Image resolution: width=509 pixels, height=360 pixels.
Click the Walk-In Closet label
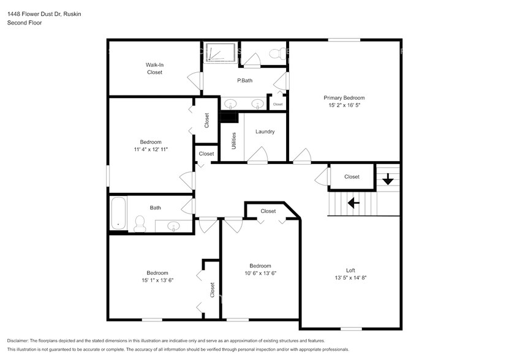coord(154,68)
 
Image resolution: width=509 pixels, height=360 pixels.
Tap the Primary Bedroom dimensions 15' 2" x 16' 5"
coord(344,105)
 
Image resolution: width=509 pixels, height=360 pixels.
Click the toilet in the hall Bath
coord(140,224)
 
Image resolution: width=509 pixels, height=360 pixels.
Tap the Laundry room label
coord(265,132)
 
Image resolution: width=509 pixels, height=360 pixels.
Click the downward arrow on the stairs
coord(387,179)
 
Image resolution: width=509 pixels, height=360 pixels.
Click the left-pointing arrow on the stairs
coord(353,202)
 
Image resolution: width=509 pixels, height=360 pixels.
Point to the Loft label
coord(350,270)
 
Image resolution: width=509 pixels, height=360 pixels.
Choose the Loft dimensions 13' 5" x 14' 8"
coord(350,277)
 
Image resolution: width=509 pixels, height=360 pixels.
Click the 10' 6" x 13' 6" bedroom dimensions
coord(260,273)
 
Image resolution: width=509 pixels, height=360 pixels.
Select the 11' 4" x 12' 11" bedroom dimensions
coord(151,149)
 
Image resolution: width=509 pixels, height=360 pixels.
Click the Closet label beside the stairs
coord(352,177)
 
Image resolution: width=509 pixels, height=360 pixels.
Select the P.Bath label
coord(245,81)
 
